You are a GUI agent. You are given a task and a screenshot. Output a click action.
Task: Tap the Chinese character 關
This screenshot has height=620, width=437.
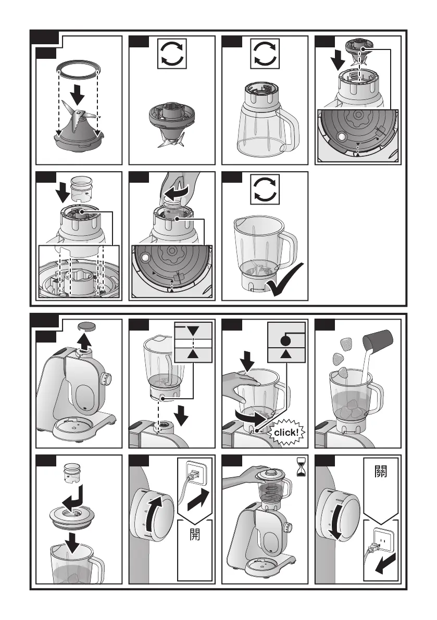coord(380,471)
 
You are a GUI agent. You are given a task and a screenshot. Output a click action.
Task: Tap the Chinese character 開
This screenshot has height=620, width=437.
coord(195,534)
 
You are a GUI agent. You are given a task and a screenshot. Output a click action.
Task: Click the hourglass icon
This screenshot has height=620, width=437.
coord(302,466)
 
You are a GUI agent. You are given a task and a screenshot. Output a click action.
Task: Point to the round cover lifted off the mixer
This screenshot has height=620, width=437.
coord(88,326)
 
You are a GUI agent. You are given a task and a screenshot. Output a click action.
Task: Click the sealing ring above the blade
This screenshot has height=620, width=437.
coord(78,68)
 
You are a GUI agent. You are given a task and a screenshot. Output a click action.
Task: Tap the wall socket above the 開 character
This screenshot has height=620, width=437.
coord(196,471)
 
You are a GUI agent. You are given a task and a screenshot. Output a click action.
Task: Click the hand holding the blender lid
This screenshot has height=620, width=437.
coord(245,474)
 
